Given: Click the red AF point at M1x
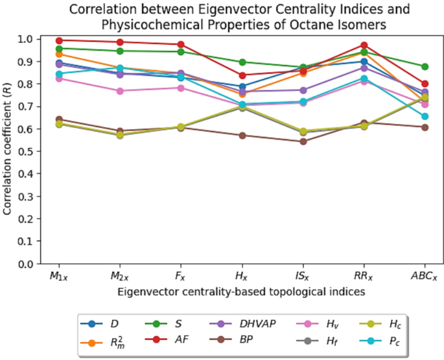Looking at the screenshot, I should click(60, 40).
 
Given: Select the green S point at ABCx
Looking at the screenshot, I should click(425, 67).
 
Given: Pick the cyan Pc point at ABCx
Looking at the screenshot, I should click(425, 117).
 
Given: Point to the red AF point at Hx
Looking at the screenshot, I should click(242, 75).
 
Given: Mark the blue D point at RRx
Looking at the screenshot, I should click(364, 62).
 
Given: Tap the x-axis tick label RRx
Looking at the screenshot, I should click(364, 276).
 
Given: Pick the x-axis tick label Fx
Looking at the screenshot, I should click(181, 276).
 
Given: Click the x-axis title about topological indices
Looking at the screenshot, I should click(242, 292).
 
